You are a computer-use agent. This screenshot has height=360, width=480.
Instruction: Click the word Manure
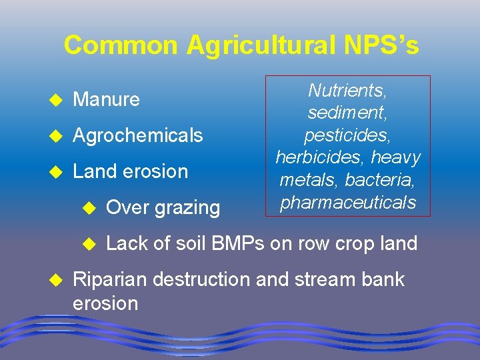point(106,100)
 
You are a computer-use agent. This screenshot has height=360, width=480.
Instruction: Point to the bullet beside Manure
point(56,100)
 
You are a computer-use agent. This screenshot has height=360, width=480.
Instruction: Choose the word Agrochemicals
point(137,136)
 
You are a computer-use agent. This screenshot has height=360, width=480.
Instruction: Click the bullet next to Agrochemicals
point(56,136)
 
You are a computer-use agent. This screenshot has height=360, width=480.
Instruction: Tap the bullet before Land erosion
point(56,172)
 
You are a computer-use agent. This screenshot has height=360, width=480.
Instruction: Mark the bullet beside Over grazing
point(89,208)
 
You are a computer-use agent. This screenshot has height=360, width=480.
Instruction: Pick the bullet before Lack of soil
point(89,244)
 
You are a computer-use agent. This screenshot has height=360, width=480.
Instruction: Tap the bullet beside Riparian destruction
point(56,280)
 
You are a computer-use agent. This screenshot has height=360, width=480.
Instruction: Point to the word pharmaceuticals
point(349,202)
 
